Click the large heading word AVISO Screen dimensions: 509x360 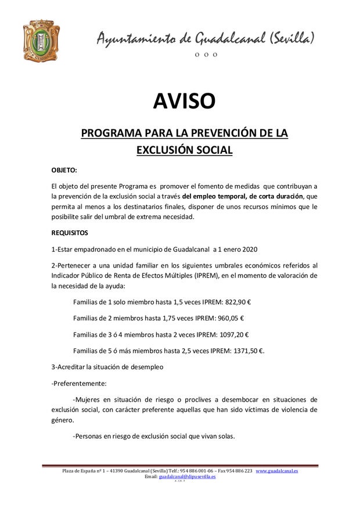click(x=184, y=101)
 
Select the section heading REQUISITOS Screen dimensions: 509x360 click(x=70, y=233)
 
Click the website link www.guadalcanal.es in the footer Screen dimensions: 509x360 click(x=277, y=471)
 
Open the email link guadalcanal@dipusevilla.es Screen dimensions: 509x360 click(x=187, y=476)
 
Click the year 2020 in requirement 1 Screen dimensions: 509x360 click(x=248, y=250)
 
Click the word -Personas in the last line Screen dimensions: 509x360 click(x=89, y=436)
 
